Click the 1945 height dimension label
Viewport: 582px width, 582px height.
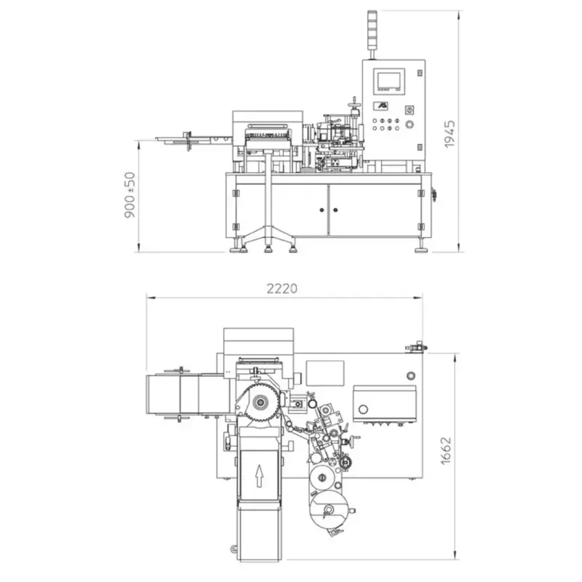click(450, 135)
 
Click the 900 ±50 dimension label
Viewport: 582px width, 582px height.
click(129, 195)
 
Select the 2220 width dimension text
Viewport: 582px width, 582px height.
click(282, 288)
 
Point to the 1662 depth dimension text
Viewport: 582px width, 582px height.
click(446, 451)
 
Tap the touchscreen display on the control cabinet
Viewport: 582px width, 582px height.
click(389, 81)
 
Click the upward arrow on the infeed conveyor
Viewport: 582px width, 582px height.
click(259, 477)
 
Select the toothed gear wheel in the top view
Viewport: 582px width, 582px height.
click(260, 402)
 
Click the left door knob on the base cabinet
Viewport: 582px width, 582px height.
click(322, 210)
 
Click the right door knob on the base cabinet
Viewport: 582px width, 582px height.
click(335, 210)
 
